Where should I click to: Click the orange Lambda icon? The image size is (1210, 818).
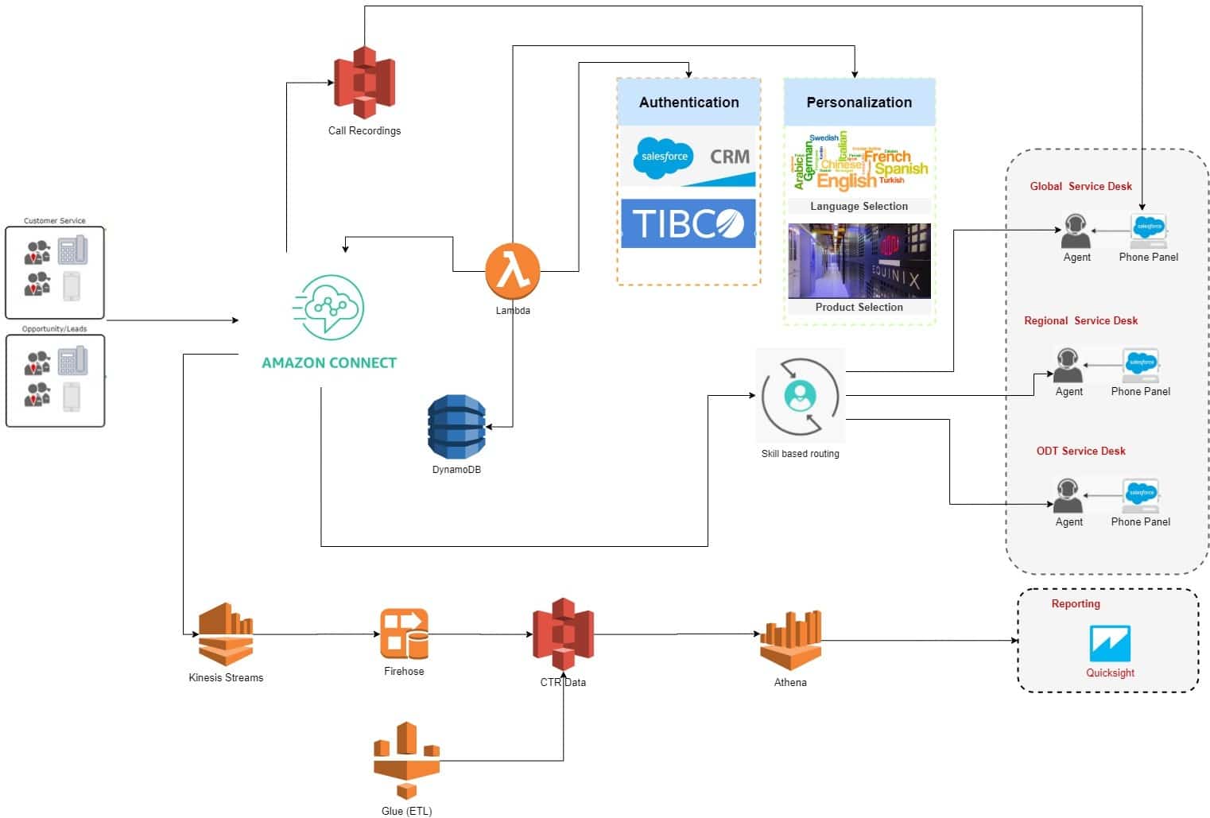pyautogui.click(x=513, y=271)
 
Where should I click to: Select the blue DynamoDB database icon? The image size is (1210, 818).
pyautogui.click(x=456, y=427)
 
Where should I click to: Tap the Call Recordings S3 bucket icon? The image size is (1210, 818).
pyautogui.click(x=364, y=82)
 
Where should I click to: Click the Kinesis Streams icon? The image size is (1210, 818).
pyautogui.click(x=226, y=634)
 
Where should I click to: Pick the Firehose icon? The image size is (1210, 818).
pyautogui.click(x=404, y=634)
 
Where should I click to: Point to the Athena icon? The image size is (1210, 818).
pyautogui.click(x=790, y=640)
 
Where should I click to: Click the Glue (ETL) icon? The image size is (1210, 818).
pyautogui.click(x=406, y=761)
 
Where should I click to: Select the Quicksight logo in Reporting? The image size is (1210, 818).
pyautogui.click(x=1110, y=643)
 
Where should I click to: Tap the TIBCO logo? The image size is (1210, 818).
pyautogui.click(x=688, y=223)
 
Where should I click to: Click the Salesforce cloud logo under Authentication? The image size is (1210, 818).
pyautogui.click(x=664, y=157)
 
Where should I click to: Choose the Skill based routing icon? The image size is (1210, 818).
pyautogui.click(x=800, y=395)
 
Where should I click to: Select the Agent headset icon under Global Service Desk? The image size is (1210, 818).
pyautogui.click(x=1076, y=231)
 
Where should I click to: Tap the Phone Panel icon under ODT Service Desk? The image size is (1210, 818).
pyautogui.click(x=1141, y=496)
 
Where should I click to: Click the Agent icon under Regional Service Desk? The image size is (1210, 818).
pyautogui.click(x=1068, y=365)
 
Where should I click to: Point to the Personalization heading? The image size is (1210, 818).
pyautogui.click(x=859, y=103)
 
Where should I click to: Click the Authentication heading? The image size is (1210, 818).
pyautogui.click(x=688, y=103)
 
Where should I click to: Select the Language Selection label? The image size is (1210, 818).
pyautogui.click(x=859, y=207)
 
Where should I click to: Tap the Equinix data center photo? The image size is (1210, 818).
pyautogui.click(x=859, y=261)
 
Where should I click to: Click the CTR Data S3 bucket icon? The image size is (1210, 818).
pyautogui.click(x=563, y=634)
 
